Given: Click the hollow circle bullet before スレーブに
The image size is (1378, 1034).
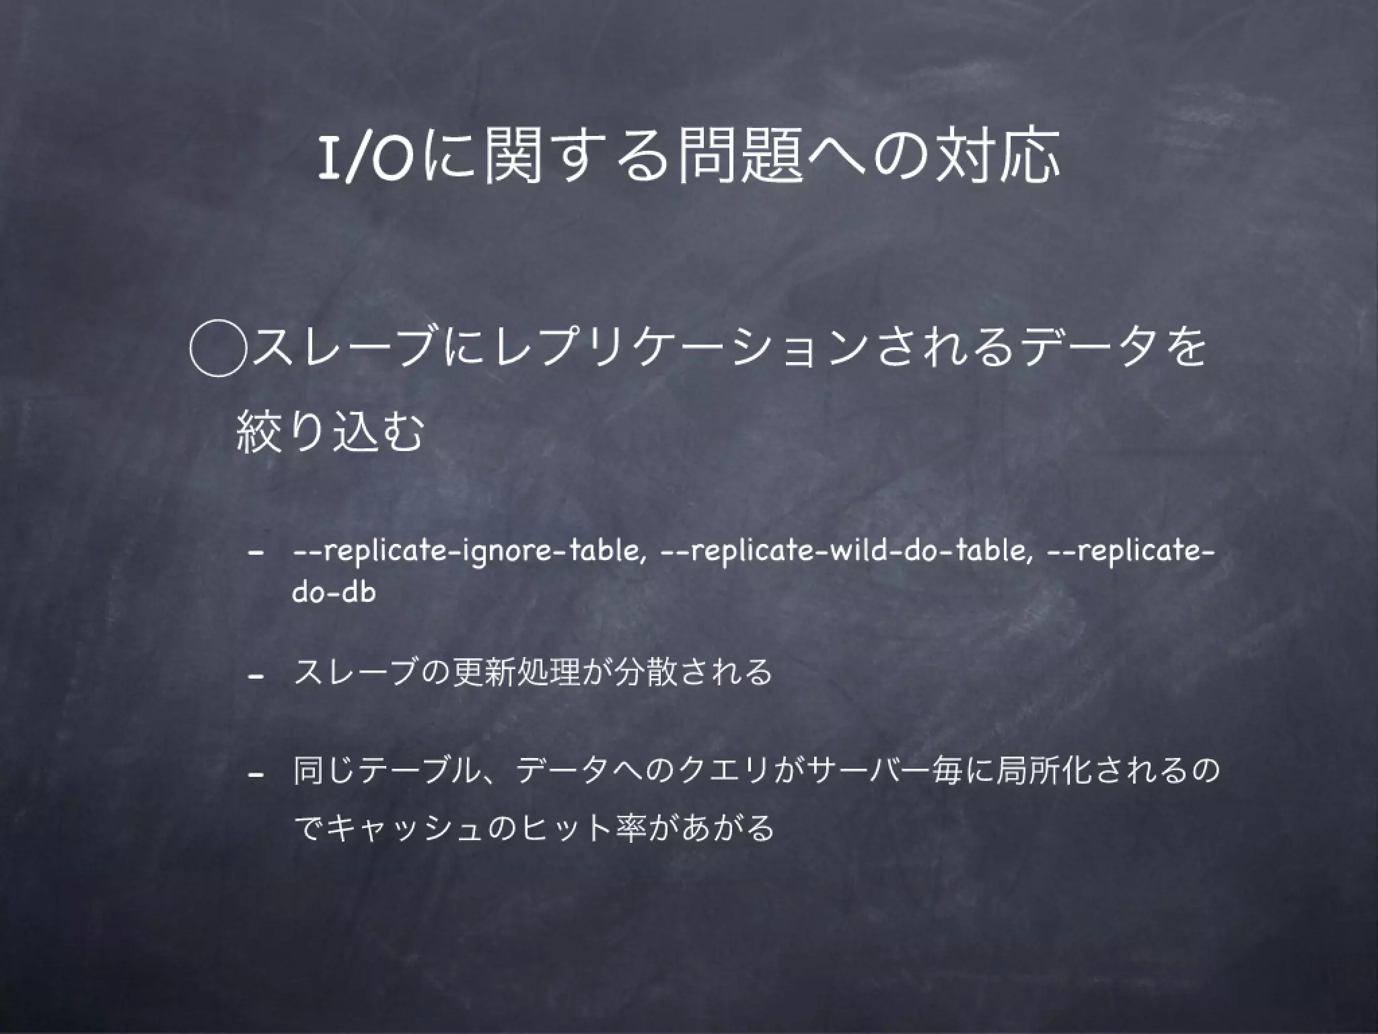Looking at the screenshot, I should pyautogui.click(x=217, y=351).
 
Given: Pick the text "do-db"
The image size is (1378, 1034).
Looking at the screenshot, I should pyautogui.click(x=334, y=592).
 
